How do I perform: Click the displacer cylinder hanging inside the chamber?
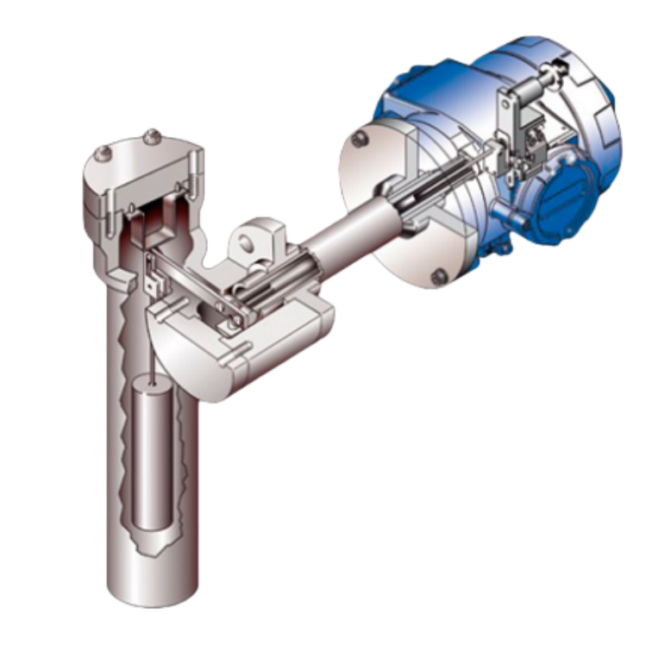[154, 457]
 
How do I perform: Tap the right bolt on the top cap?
[153, 135]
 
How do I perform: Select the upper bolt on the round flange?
[359, 138]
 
